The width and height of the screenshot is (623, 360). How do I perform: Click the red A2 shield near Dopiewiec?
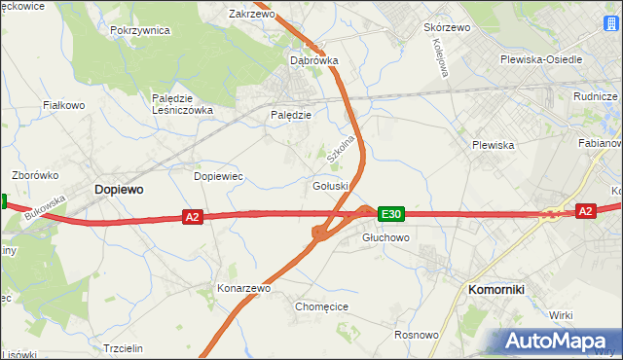(192, 217)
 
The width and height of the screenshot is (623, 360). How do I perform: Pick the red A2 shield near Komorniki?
(585, 210)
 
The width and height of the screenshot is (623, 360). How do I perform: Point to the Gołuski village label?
(330, 186)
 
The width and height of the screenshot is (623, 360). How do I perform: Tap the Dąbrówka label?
(314, 59)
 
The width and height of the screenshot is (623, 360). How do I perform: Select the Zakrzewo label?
(251, 15)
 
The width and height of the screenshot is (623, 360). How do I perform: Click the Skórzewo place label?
(447, 27)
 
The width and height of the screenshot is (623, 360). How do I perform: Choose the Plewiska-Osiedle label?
(540, 59)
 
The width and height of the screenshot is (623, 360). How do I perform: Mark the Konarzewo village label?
(243, 288)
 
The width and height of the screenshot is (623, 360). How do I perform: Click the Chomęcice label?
(321, 306)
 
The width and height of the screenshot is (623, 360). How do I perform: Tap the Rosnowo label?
(417, 335)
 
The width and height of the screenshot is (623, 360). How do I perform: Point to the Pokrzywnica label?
(140, 30)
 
